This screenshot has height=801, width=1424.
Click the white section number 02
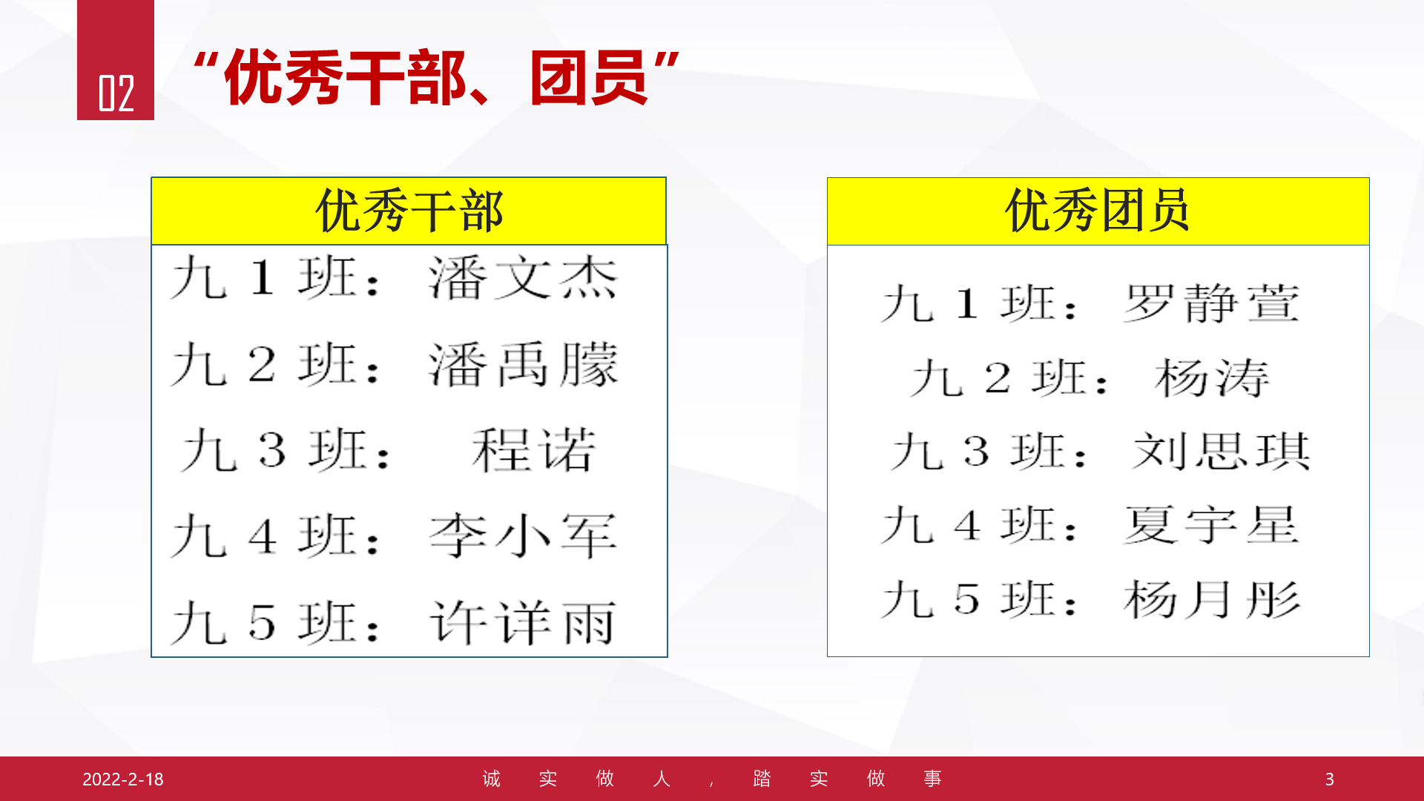tap(116, 93)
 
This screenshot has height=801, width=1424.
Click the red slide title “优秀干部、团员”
tap(436, 77)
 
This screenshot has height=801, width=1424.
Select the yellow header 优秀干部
tap(409, 211)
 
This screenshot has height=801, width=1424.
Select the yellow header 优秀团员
tap(1098, 211)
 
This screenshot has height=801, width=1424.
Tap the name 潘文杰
tap(523, 277)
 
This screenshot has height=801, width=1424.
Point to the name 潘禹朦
tap(523, 364)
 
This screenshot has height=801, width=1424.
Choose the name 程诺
tap(534, 449)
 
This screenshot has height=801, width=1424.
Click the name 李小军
tap(523, 535)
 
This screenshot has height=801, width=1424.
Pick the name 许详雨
tap(523, 622)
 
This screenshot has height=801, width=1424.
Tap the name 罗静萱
tap(1211, 303)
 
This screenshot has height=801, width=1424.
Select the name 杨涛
tap(1212, 378)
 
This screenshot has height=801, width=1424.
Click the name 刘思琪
tap(1221, 451)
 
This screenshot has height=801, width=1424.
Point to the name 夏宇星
tap(1211, 525)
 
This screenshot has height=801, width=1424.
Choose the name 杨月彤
tap(1212, 599)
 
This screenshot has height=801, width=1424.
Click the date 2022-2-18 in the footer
tap(123, 779)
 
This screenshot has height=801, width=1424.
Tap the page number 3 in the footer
tap(1330, 779)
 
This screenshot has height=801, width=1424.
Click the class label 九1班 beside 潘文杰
tap(274, 277)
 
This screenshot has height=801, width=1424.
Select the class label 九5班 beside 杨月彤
tap(979, 599)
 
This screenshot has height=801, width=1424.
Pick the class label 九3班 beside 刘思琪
tap(989, 451)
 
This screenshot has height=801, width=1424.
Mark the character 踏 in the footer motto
tap(762, 779)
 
